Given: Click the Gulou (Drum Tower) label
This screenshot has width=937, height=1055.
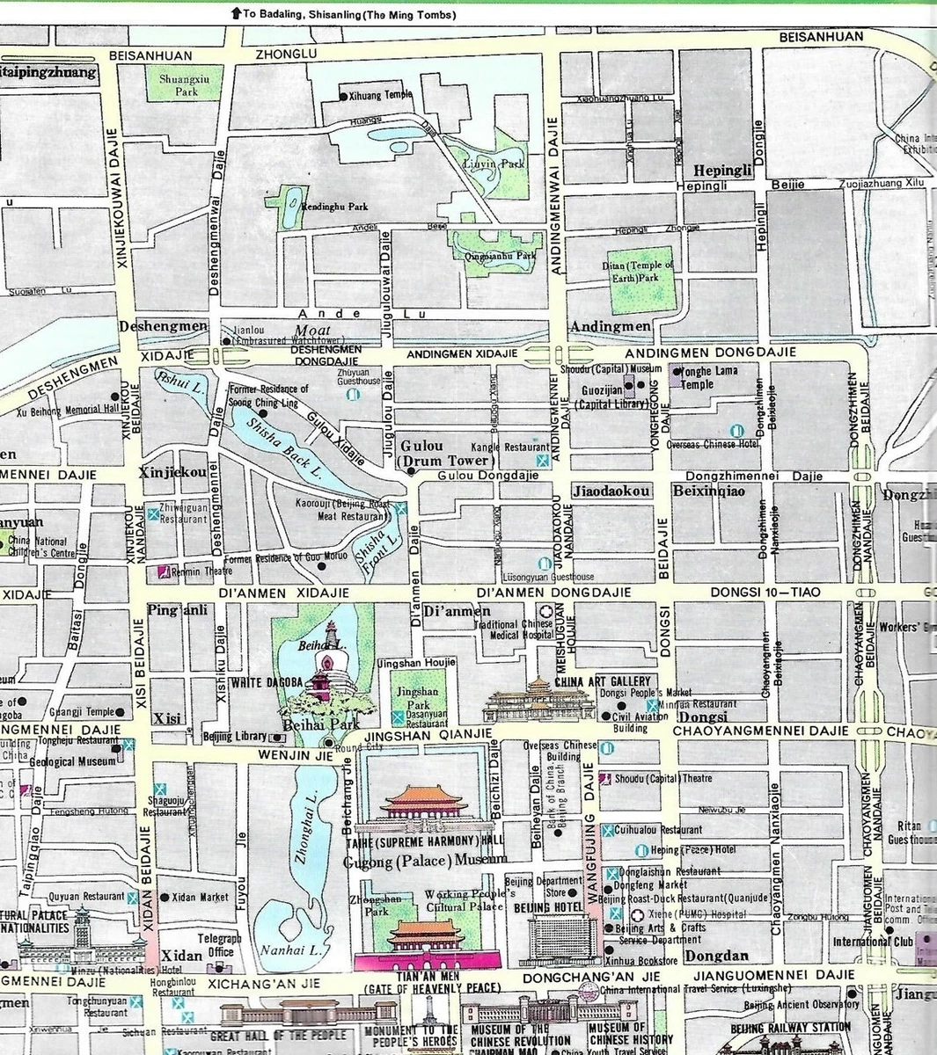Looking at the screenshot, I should [446, 453].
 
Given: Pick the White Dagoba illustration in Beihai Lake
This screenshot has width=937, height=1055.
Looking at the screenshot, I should [331, 673].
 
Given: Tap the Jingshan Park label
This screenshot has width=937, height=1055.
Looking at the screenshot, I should [413, 699].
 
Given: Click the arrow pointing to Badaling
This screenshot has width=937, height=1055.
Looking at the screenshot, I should [235, 13].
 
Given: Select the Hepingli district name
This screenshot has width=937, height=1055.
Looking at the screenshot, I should [723, 171].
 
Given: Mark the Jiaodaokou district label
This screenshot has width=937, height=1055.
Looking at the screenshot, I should [611, 491].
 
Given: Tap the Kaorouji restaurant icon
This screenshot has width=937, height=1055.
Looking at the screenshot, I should [401, 508].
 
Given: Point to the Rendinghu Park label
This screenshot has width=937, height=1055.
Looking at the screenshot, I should [334, 207].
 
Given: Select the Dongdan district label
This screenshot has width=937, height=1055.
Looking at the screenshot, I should [716, 956].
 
